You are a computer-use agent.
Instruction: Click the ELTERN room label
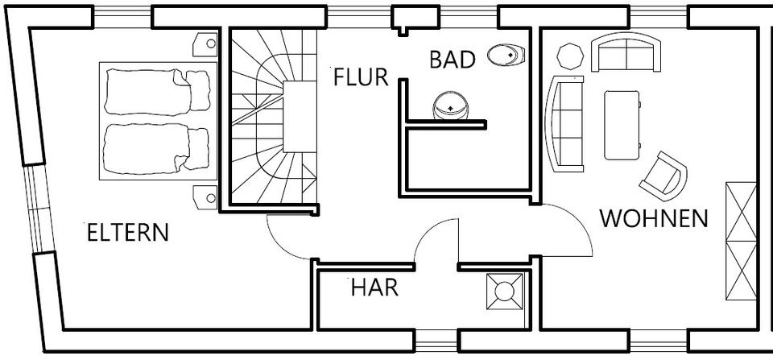(x=128, y=233)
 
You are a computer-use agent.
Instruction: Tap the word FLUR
(x=361, y=77)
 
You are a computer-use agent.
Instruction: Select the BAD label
(x=453, y=60)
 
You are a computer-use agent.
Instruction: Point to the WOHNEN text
(x=654, y=218)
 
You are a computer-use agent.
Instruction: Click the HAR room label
(x=374, y=288)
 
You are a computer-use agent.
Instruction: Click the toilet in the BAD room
(x=506, y=54)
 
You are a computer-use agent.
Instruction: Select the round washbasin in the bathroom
(x=450, y=106)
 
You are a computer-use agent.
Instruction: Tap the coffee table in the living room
(x=622, y=126)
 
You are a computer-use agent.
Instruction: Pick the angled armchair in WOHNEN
(x=663, y=176)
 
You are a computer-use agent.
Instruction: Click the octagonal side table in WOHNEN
(x=570, y=56)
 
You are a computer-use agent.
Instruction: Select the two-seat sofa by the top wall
(x=626, y=52)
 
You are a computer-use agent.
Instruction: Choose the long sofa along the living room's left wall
(x=565, y=124)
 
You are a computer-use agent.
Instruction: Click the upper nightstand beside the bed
(x=205, y=44)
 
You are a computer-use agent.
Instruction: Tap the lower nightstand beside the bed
(x=205, y=197)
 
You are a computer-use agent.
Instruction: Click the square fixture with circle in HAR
(x=504, y=292)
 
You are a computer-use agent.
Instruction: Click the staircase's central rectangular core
(x=300, y=117)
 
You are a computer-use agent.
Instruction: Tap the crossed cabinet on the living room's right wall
(x=741, y=241)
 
